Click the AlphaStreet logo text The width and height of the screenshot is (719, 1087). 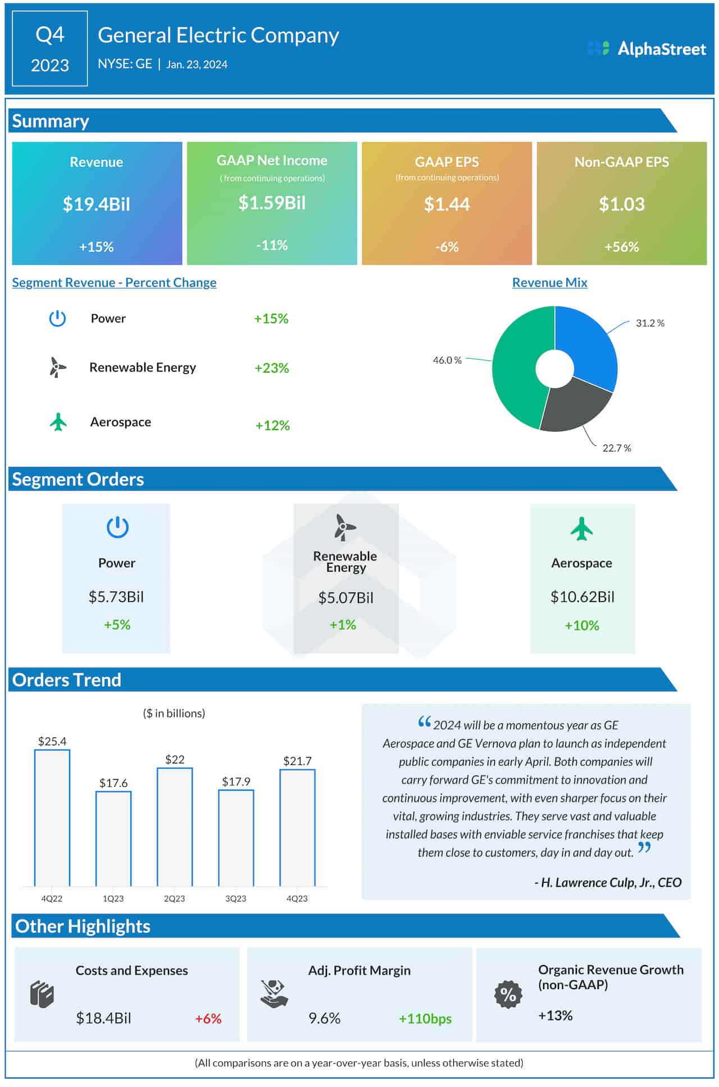[x=661, y=49]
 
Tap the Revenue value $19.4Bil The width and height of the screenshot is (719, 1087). [x=97, y=204]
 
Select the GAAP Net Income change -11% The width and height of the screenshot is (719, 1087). [x=272, y=245]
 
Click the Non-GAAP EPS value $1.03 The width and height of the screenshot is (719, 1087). [x=621, y=204]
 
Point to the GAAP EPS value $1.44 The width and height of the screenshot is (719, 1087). [x=447, y=204]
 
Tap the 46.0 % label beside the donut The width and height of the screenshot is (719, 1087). [x=447, y=360]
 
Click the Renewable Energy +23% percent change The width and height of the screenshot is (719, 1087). [x=272, y=368]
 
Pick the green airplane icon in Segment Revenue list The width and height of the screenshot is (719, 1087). [x=58, y=422]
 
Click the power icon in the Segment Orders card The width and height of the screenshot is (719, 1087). [x=117, y=527]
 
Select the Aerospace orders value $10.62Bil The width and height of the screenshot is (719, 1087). [x=582, y=597]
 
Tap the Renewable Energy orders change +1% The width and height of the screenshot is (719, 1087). [x=343, y=625]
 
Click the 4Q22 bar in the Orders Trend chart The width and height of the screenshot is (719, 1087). [x=52, y=818]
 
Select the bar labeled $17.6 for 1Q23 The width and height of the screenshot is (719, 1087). [x=113, y=839]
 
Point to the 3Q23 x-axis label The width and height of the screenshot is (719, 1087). [x=236, y=898]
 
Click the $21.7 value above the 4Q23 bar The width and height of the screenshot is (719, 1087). [x=297, y=761]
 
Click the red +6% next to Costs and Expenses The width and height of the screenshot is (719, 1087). [x=208, y=1018]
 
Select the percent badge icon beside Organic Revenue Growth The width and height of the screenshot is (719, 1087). [x=508, y=994]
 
